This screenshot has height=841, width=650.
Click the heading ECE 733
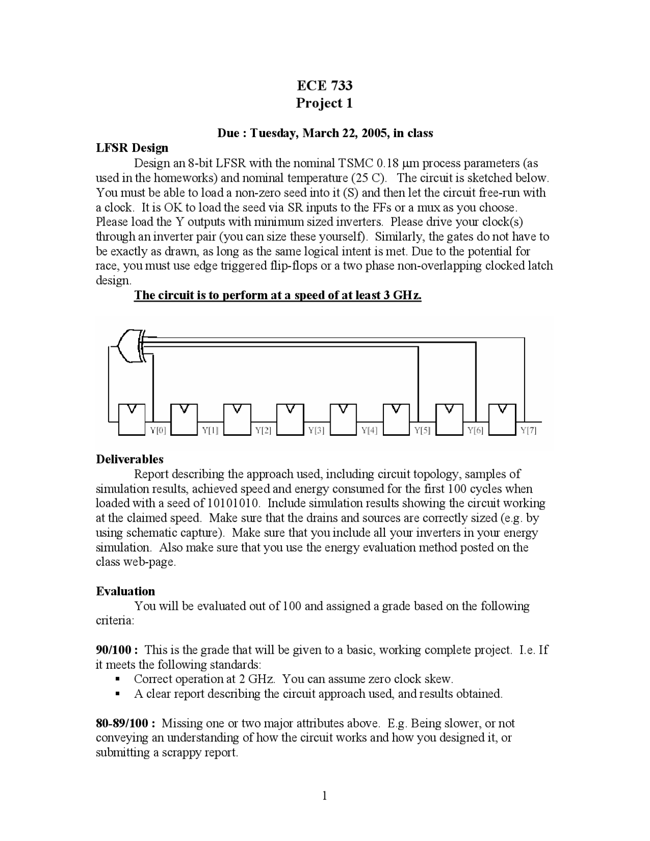coord(324,85)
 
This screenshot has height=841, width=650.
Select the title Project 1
coord(324,103)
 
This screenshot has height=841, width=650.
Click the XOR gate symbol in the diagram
coord(131,346)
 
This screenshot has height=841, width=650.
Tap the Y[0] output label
coord(158,431)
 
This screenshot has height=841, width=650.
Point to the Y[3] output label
coord(316,431)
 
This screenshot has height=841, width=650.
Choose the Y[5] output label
coord(422,431)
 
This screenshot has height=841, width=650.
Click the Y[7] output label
coord(528,431)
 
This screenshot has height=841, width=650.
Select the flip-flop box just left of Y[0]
coord(132,419)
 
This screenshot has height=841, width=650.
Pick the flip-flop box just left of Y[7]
coord(502,419)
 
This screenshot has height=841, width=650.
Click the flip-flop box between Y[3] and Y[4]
coord(343,419)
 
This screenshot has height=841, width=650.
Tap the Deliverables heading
coord(129,459)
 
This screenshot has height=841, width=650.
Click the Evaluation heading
coord(125,591)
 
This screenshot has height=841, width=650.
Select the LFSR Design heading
coord(132,148)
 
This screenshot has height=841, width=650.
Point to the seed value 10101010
coord(234,503)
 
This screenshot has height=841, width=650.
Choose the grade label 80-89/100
coord(125,723)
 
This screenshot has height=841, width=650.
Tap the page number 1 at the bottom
coord(325,795)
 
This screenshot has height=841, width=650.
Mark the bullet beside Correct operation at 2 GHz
coord(117,679)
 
